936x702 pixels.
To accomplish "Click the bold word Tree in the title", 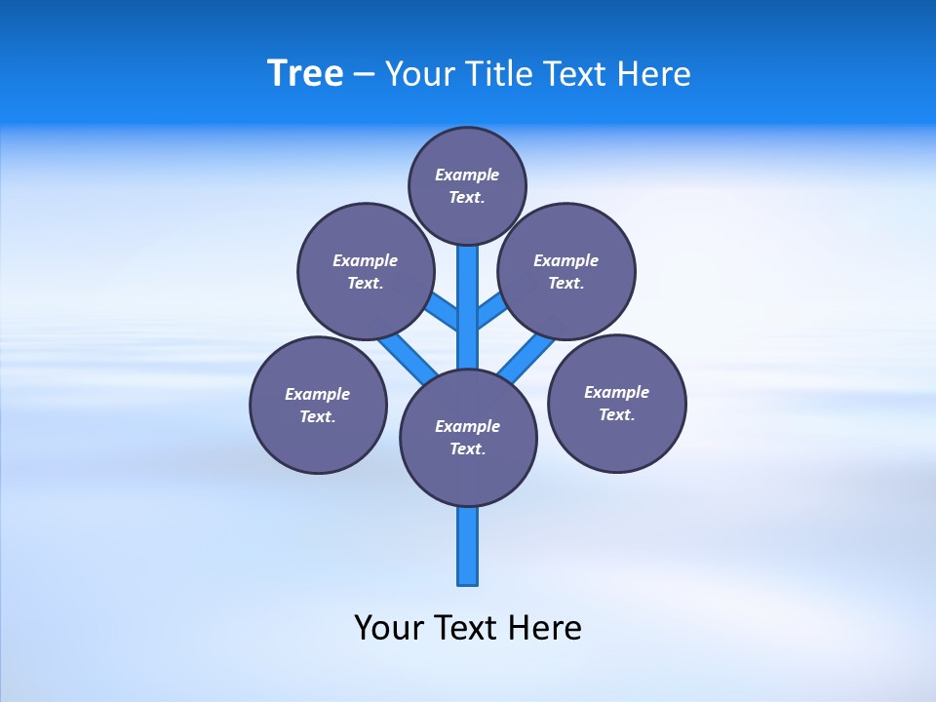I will point(305,74).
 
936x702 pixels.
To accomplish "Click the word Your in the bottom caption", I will point(389,628).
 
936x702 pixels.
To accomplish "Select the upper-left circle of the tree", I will point(366,271).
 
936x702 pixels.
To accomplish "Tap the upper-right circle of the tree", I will point(566,271).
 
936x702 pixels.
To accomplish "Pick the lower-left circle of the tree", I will point(318,405).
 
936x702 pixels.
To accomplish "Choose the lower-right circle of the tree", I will point(616,403).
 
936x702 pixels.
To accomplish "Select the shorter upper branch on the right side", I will point(491,310).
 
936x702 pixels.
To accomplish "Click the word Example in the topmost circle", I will point(467,175).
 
